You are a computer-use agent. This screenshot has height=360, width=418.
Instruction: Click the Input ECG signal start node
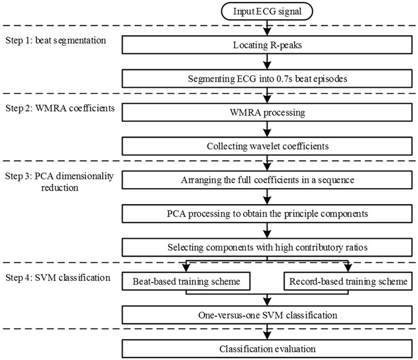click(266, 11)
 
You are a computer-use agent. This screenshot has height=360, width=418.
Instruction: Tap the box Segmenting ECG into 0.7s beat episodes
click(266, 79)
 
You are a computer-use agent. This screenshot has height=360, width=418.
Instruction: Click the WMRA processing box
click(266, 113)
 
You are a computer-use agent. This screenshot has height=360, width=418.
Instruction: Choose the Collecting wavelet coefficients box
click(266, 147)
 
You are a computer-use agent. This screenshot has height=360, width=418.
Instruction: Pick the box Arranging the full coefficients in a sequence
click(266, 180)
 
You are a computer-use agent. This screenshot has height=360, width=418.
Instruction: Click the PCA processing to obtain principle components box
click(266, 214)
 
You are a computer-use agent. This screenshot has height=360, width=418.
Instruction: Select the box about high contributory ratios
click(266, 247)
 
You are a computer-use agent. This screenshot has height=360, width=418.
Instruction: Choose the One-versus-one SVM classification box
click(266, 315)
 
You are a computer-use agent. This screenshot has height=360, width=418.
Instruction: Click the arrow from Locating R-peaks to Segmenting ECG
click(266, 62)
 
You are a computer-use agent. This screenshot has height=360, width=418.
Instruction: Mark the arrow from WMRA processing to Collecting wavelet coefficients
click(266, 129)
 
